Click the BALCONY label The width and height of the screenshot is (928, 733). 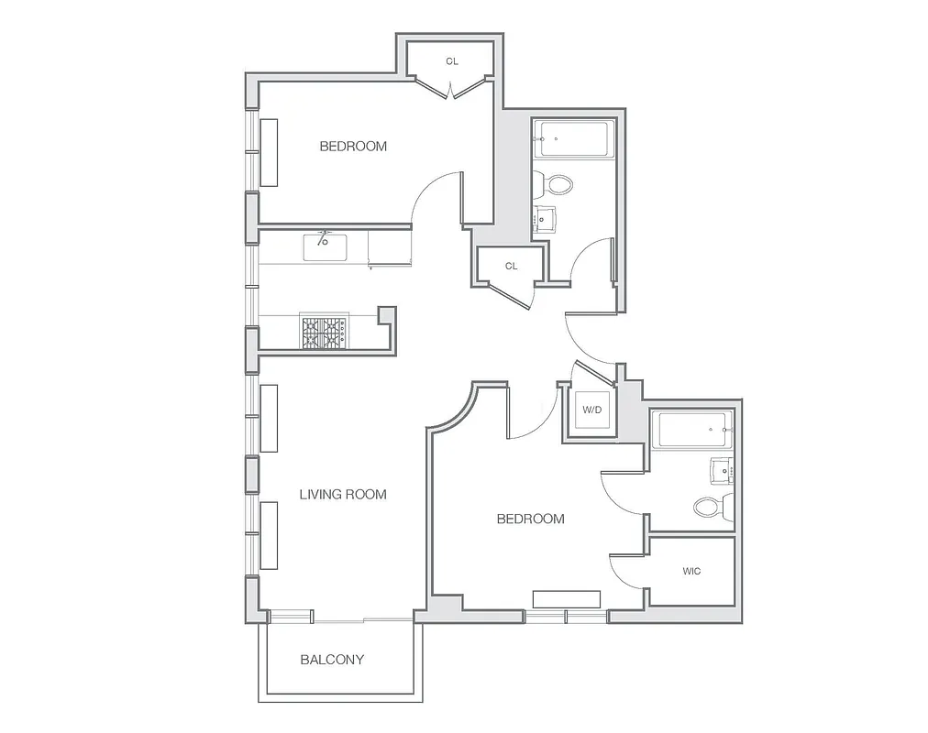(332, 660)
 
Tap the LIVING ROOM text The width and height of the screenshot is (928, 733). (343, 495)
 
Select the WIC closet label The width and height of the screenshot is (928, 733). (691, 572)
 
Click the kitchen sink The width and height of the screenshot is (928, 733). (325, 246)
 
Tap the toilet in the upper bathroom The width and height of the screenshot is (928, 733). (558, 184)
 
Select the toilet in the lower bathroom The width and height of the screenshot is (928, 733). (711, 506)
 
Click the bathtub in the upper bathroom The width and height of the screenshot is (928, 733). (573, 139)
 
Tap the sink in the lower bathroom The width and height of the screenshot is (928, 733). (721, 471)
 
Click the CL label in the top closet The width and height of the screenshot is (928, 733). (452, 61)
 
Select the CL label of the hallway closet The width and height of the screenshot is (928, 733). (511, 267)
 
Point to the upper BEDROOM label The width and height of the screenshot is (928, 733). (353, 147)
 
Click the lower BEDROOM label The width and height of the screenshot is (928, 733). (530, 520)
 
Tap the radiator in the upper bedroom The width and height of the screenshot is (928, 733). (270, 153)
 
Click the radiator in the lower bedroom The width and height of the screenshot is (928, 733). (567, 599)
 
